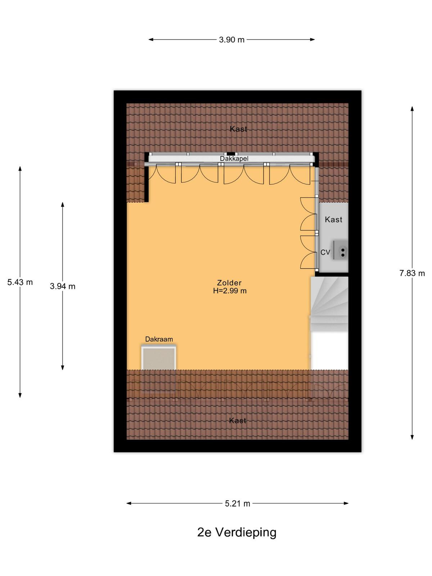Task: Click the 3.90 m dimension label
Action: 231,40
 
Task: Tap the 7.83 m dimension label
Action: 412,274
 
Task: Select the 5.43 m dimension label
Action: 20,282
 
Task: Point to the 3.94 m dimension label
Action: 63,286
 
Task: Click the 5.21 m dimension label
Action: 237,504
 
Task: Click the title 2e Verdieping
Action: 237,532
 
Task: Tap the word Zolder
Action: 229,283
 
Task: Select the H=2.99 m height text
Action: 230,291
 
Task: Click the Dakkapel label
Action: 234,159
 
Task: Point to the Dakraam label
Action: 159,339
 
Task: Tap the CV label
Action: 325,252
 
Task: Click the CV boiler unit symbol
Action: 341,250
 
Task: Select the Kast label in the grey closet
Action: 333,220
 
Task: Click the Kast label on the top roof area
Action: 238,129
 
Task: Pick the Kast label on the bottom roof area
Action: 238,420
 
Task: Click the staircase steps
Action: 329,305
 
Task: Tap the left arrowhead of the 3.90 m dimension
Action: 151,40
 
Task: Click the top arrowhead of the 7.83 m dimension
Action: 412,109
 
